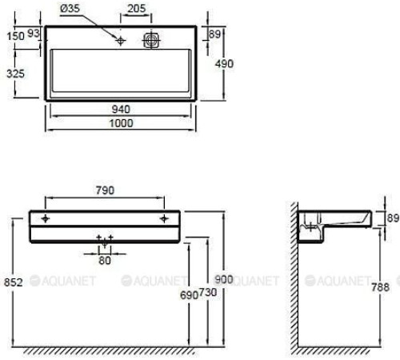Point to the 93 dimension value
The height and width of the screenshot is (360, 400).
pyautogui.click(x=34, y=34)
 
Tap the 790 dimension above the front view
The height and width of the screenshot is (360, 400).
pyautogui.click(x=105, y=190)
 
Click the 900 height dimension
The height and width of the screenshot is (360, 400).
pyautogui.click(x=225, y=279)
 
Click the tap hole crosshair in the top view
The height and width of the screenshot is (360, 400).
pyautogui.click(x=120, y=40)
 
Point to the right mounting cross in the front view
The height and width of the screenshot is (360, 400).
pyautogui.click(x=163, y=218)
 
